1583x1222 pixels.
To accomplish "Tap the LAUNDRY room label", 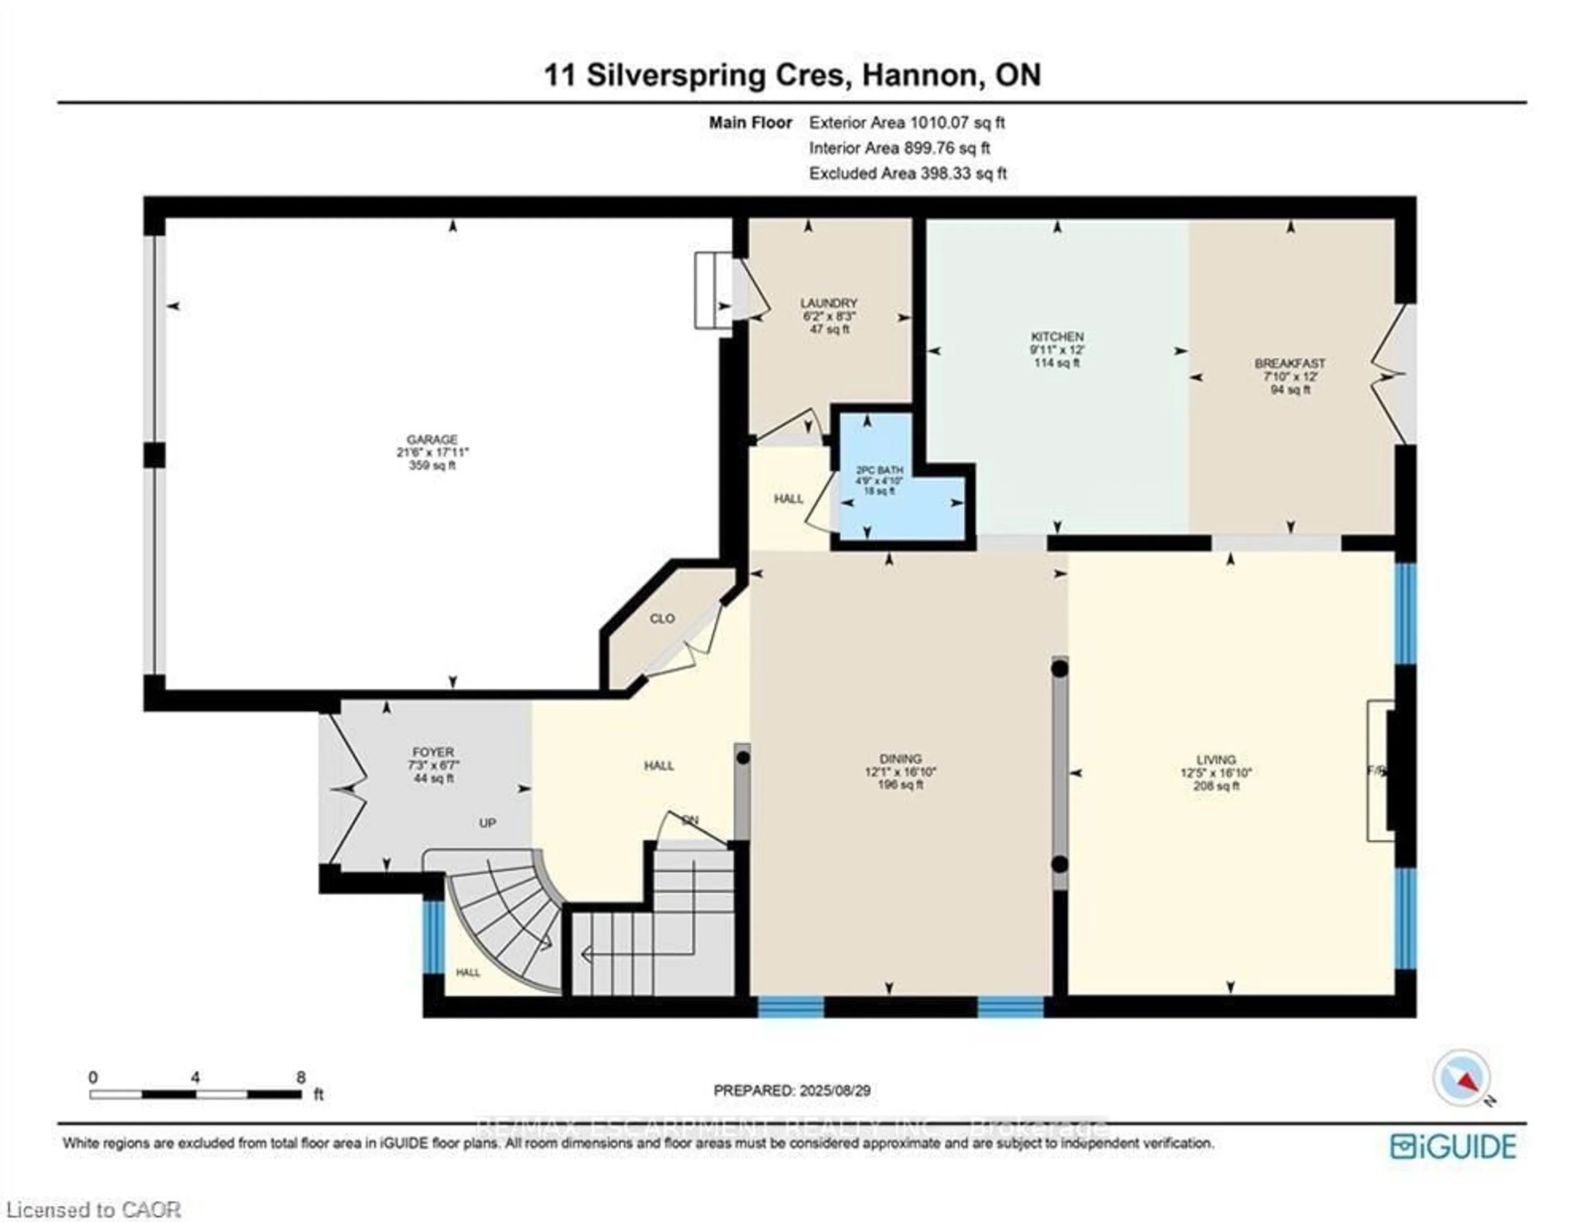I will coord(829,303).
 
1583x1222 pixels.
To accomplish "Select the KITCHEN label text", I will coord(1057,337).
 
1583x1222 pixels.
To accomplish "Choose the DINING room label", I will coord(901,759).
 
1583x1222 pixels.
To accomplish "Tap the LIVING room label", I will coord(1216,759).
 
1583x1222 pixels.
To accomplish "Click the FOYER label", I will coord(433,752).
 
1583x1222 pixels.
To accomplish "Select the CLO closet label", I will coord(662,618).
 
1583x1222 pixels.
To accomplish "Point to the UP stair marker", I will coord(487,822).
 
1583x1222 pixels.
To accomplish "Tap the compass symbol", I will coord(1462,1078).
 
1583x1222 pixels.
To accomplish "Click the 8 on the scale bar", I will coord(301,1077).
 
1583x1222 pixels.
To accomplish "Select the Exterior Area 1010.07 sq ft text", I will coord(906,122).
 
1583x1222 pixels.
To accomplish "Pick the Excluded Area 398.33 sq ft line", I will coord(907,173).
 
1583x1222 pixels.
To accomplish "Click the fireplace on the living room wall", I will coord(1381,770).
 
